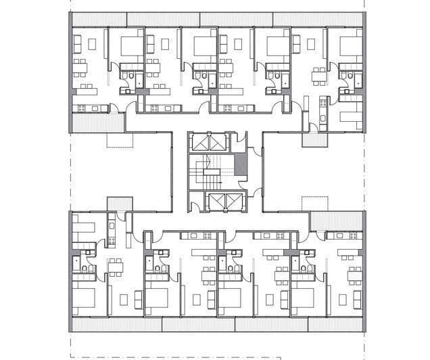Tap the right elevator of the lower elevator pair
pos(222,202)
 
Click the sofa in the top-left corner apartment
pos(77,45)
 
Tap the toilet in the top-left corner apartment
pos(126,76)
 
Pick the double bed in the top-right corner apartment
pos(350,46)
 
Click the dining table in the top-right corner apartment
pos(318,73)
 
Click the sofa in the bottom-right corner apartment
pos(342,298)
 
